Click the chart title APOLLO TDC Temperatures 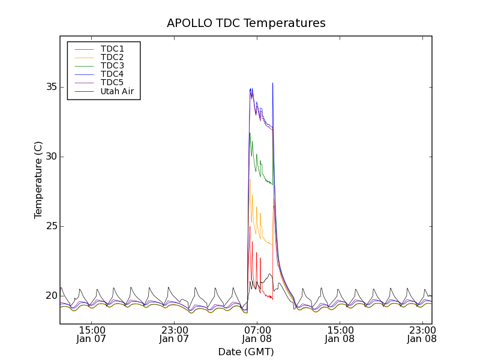click(246, 23)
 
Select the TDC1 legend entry click(112, 49)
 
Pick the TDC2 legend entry click(112, 57)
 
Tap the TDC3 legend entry click(112, 65)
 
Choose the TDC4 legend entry click(112, 74)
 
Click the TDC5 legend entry click(112, 83)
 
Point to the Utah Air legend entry click(117, 92)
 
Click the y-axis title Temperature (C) click(38, 180)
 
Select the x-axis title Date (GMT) click(246, 352)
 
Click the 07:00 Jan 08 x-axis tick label click(257, 334)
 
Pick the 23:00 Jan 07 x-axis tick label click(174, 334)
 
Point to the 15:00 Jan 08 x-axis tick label click(340, 334)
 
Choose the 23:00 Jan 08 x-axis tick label click(422, 334)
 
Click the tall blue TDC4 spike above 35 click(272, 84)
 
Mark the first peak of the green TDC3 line click(250, 133)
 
